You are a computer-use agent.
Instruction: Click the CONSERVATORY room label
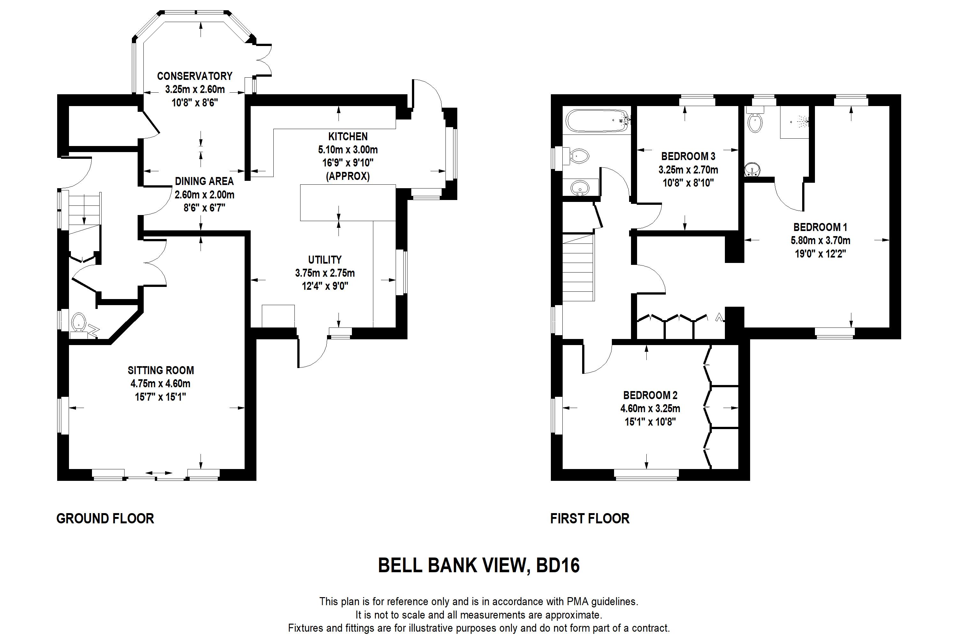(195, 76)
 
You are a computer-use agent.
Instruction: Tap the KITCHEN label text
(348, 136)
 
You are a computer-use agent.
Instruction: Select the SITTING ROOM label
(161, 370)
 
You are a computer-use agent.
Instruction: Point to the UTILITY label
(325, 259)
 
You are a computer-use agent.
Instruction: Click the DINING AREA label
(204, 181)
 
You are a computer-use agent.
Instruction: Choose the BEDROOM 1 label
(820, 227)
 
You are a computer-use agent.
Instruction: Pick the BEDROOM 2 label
(650, 395)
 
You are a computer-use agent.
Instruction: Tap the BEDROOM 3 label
(688, 157)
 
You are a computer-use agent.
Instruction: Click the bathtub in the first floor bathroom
(597, 121)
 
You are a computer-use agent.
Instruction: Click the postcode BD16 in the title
(558, 566)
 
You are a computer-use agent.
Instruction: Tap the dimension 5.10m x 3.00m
(348, 150)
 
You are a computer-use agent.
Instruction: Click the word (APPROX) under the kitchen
(348, 176)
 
